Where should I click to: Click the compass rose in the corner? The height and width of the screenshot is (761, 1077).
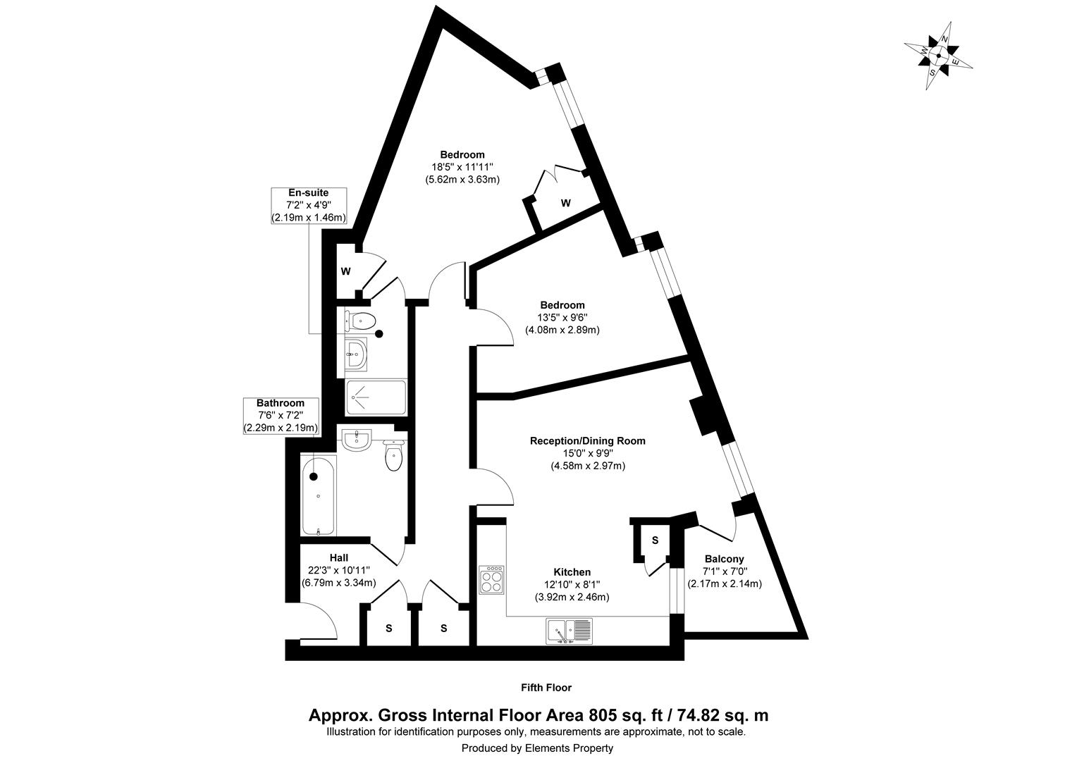(938, 56)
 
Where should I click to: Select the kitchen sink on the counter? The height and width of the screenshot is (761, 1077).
(569, 631)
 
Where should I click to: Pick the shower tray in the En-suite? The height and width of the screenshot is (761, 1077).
(376, 397)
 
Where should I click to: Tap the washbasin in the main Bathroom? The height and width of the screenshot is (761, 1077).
(357, 440)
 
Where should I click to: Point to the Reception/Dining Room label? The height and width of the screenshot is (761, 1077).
(587, 441)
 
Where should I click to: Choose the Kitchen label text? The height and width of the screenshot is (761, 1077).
(572, 572)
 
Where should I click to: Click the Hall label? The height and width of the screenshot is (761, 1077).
(338, 558)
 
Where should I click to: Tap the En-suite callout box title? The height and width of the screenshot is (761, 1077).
(308, 192)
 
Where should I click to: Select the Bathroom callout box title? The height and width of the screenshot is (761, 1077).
(281, 403)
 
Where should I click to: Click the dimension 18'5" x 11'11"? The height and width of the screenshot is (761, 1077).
(462, 167)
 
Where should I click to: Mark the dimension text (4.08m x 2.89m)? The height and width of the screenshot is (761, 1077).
(562, 330)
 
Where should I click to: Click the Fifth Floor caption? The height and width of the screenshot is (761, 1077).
(546, 687)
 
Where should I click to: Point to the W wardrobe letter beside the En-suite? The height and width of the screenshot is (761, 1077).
(346, 271)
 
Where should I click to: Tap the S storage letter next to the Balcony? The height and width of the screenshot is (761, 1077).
(655, 540)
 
